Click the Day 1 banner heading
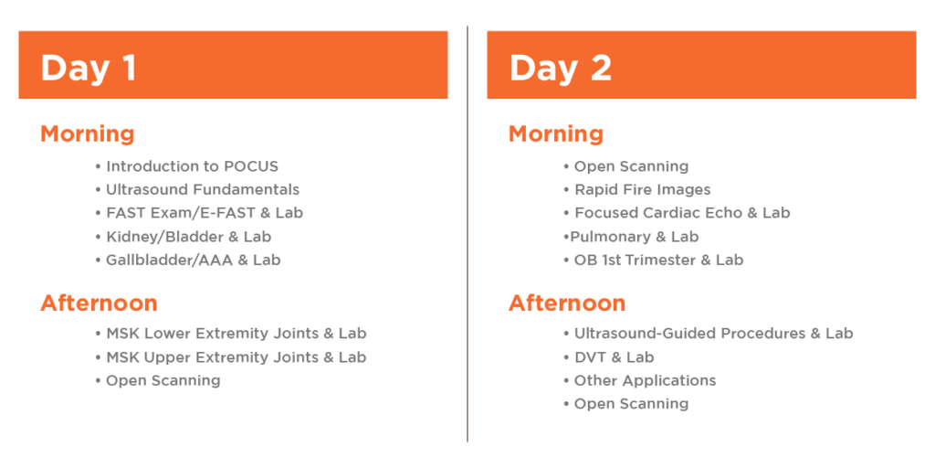(89, 68)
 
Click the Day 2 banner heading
(561, 68)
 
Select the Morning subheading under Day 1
(87, 133)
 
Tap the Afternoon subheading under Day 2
(567, 303)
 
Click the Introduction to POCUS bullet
(186, 166)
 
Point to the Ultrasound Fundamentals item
(197, 190)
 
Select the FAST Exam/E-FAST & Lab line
(199, 213)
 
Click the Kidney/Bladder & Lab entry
(184, 237)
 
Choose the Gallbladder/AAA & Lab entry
(188, 261)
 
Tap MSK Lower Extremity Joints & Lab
(231, 333)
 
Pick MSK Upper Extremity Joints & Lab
(231, 357)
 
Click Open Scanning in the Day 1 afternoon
(158, 380)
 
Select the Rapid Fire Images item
(637, 190)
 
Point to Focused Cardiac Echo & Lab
(677, 213)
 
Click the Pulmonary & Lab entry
(632, 237)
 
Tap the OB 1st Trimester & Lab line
(654, 261)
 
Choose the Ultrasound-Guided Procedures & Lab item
(709, 333)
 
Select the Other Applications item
(640, 380)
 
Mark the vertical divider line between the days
(467, 233)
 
